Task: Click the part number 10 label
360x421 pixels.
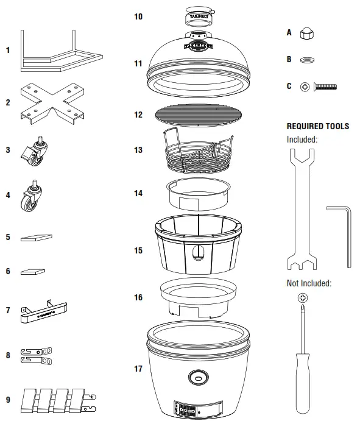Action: [x=138, y=16]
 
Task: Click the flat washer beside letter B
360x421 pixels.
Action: [x=306, y=60]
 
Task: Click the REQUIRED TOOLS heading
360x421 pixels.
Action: [x=318, y=126]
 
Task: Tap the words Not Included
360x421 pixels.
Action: [x=309, y=283]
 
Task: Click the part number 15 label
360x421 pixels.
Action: [x=138, y=250]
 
